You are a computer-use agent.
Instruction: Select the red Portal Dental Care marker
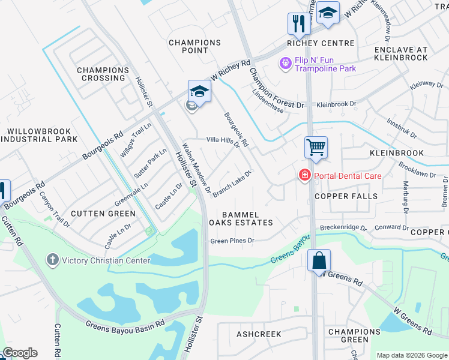305,175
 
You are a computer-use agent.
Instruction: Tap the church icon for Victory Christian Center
53,260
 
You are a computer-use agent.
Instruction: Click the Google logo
19,353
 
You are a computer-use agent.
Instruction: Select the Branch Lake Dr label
231,182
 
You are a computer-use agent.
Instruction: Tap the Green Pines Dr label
232,241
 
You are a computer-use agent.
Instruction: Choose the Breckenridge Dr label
343,228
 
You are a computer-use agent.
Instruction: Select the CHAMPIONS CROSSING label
102,74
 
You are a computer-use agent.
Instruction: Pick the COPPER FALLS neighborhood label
346,196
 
